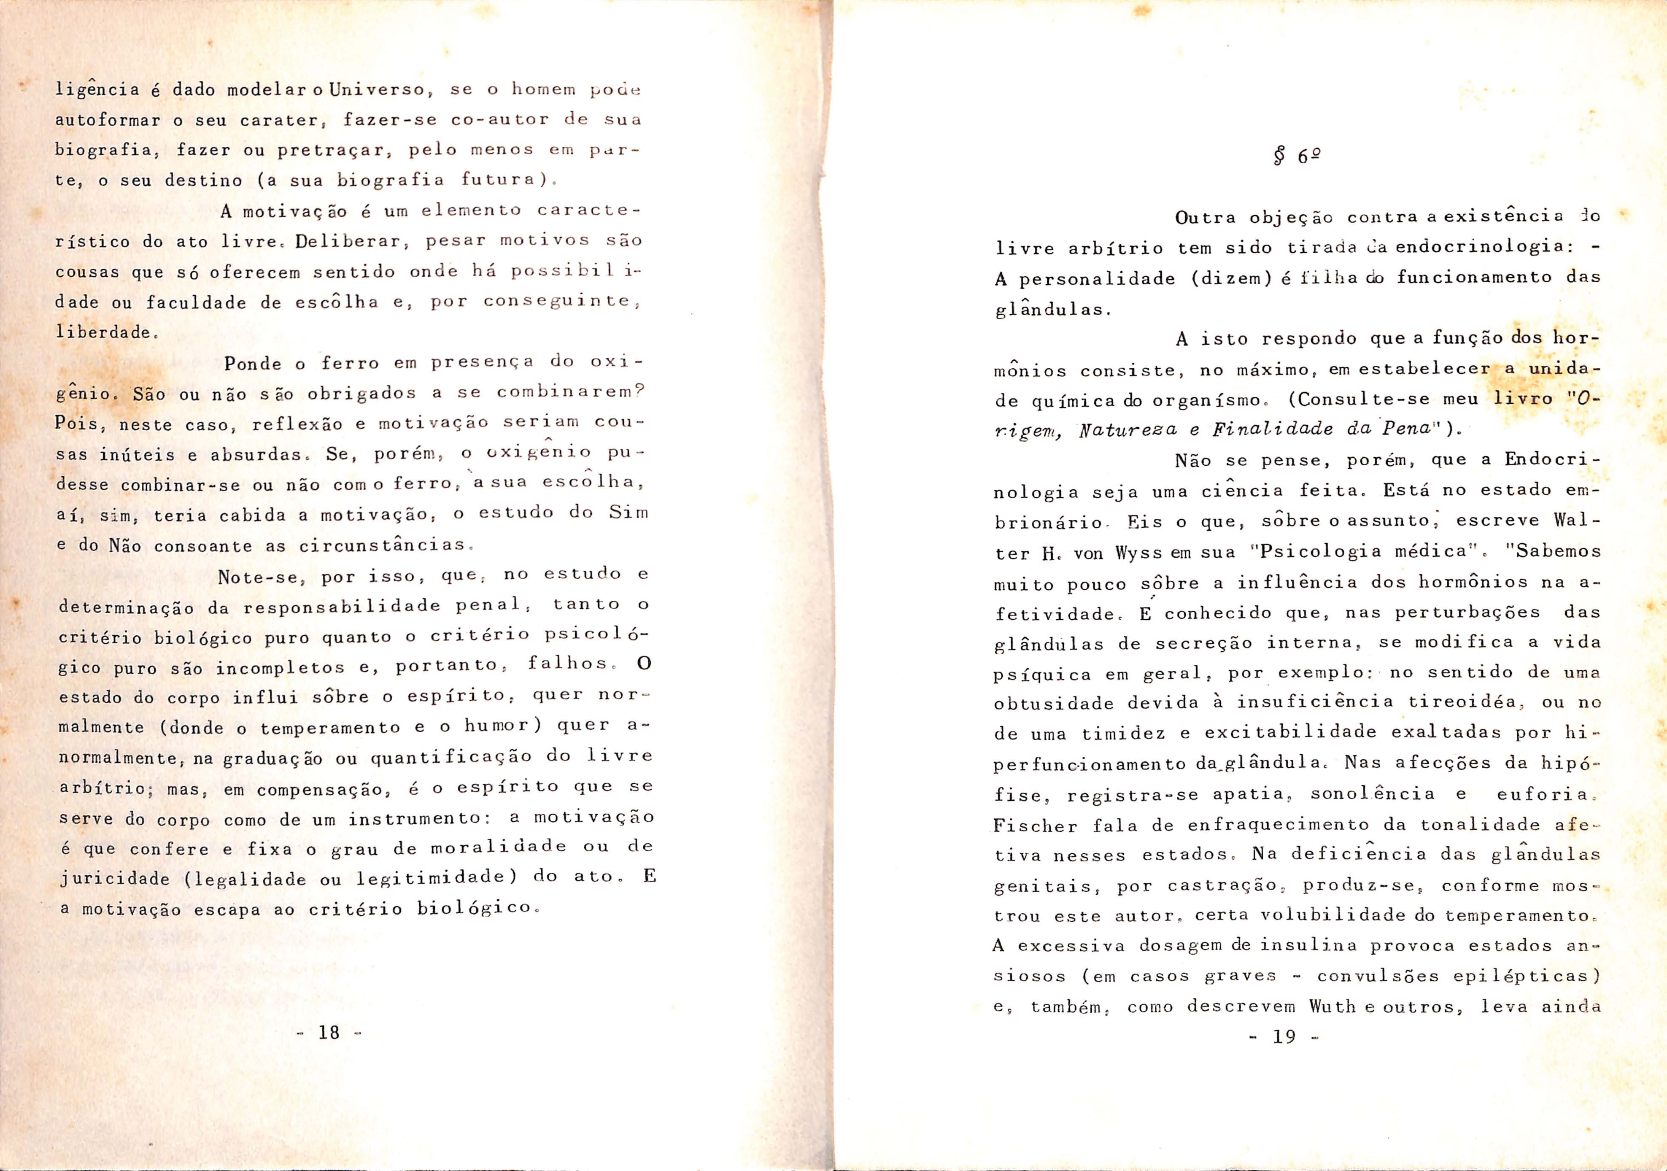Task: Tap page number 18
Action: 329,1032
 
